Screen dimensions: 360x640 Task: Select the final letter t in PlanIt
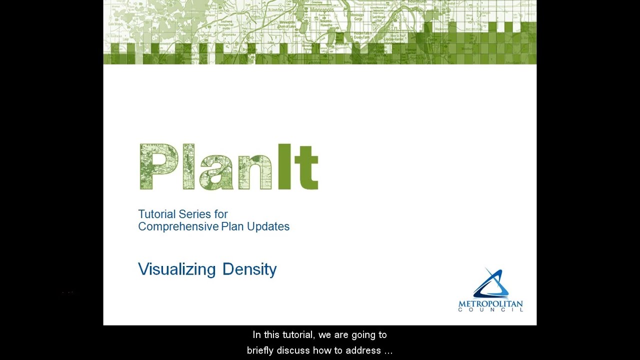coord(306,169)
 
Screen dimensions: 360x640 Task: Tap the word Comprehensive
coord(178,226)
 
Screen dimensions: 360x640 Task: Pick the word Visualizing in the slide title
coord(176,269)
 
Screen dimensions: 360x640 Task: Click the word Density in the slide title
coord(249,269)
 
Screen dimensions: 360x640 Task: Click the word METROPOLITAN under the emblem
coord(490,304)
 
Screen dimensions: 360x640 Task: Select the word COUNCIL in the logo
coord(490,310)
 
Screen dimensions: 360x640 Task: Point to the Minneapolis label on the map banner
coord(322,9)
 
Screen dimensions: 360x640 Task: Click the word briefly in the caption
coord(260,350)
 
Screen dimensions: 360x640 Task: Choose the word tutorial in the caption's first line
coord(298,335)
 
